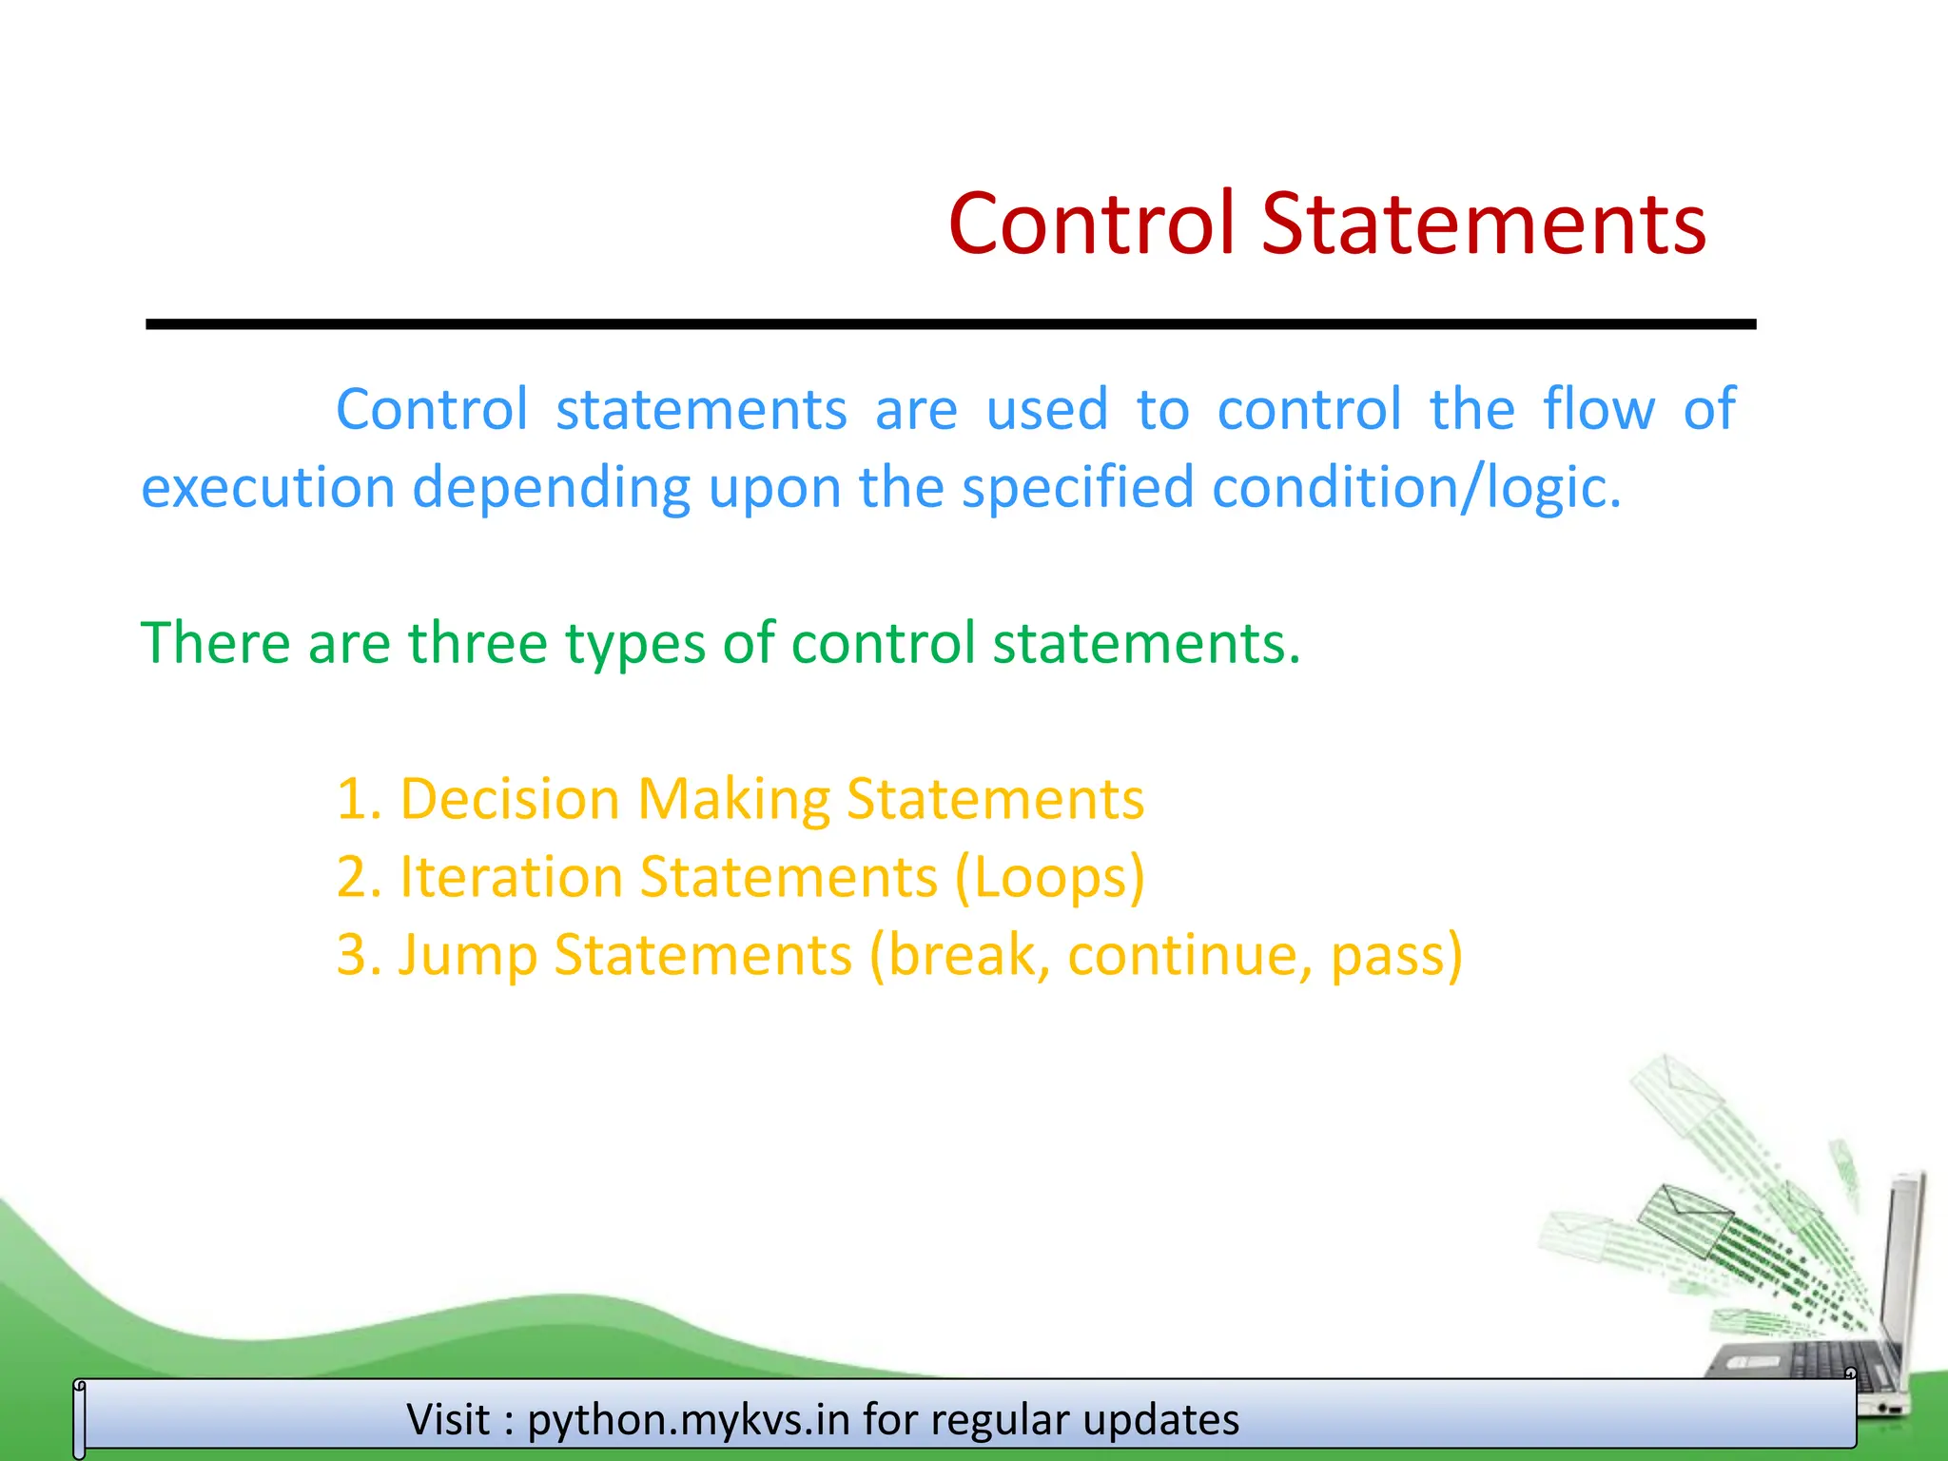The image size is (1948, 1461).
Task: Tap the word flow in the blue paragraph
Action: click(x=1598, y=409)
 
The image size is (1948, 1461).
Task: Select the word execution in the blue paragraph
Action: click(x=267, y=488)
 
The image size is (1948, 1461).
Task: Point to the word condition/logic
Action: click(x=1416, y=488)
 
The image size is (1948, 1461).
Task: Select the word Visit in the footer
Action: click(x=449, y=1419)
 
